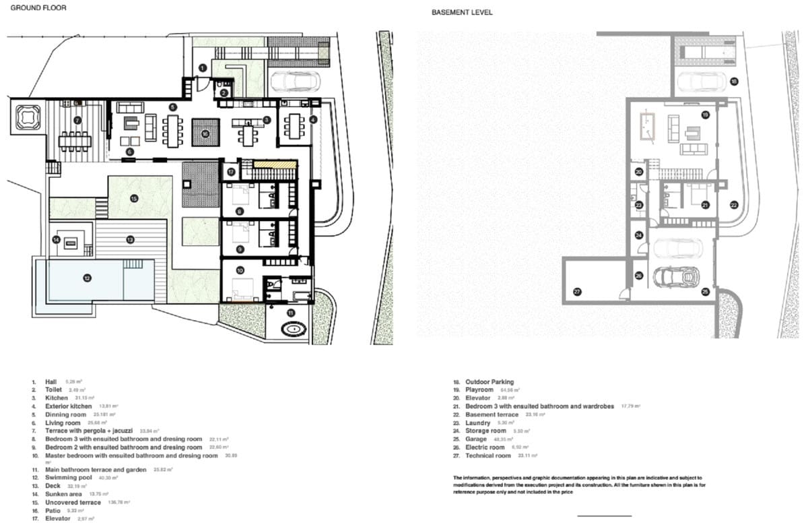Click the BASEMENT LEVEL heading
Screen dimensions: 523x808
[462, 12]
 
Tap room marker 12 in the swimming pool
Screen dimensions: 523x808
[87, 277]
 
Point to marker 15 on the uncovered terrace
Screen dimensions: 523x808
[134, 198]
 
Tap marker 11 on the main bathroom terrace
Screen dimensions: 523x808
[291, 313]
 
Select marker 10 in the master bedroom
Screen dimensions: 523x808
[240, 270]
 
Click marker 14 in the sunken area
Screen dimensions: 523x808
[57, 239]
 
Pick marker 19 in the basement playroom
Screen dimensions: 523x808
[705, 115]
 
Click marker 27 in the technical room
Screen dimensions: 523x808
[576, 292]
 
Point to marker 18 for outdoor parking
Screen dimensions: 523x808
[734, 82]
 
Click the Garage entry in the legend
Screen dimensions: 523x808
[477, 439]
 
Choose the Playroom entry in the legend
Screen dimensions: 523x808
[479, 390]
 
